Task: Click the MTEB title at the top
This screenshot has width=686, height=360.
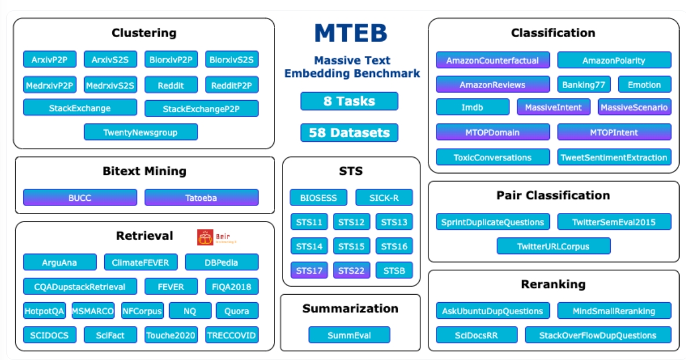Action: pyautogui.click(x=350, y=34)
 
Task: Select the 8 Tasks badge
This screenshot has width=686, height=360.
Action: pyautogui.click(x=349, y=101)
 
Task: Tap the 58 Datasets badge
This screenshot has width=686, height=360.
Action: pyautogui.click(x=349, y=133)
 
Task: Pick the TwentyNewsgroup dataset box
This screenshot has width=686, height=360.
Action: pyautogui.click(x=141, y=133)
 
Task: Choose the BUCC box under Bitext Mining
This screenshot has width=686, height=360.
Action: pyautogui.click(x=80, y=198)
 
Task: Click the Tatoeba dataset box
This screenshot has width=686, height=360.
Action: pyautogui.click(x=201, y=198)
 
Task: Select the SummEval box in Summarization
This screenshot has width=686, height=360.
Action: pyautogui.click(x=349, y=335)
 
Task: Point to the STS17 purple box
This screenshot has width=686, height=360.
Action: pyautogui.click(x=309, y=270)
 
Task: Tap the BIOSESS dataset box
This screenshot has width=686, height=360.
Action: pyautogui.click(x=318, y=198)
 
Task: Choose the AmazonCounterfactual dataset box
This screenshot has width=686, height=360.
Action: pyautogui.click(x=493, y=60)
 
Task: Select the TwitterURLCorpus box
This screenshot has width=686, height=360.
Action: pyautogui.click(x=553, y=247)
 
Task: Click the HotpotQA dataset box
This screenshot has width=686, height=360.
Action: pyautogui.click(x=45, y=311)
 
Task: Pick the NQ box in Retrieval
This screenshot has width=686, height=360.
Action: pyautogui.click(x=190, y=311)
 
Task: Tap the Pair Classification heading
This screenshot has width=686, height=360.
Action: pyautogui.click(x=553, y=196)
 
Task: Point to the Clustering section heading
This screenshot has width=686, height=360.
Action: pyautogui.click(x=144, y=33)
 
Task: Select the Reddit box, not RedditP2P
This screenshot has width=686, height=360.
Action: pyautogui.click(x=171, y=85)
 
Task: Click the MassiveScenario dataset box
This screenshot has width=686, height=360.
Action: pyautogui.click(x=634, y=108)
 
